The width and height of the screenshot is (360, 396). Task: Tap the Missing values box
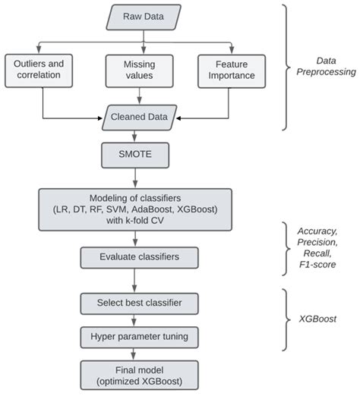click(137, 70)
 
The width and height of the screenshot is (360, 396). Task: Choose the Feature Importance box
click(231, 70)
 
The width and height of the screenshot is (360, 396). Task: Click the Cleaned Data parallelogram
click(137, 118)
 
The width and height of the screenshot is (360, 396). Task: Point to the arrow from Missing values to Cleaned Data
click(137, 96)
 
